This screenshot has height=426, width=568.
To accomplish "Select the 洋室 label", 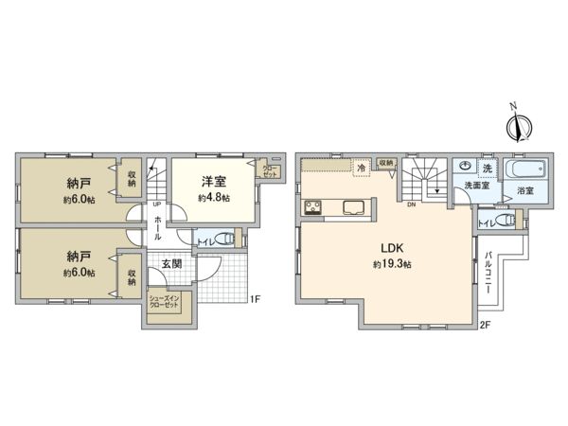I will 211,181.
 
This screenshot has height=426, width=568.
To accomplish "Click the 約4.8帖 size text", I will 211,198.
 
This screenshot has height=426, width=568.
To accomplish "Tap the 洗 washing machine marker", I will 487,168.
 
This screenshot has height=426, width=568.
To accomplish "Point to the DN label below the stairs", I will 412,204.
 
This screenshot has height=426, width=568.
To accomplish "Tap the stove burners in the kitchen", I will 313,209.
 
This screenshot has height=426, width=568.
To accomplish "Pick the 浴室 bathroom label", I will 525,191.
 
